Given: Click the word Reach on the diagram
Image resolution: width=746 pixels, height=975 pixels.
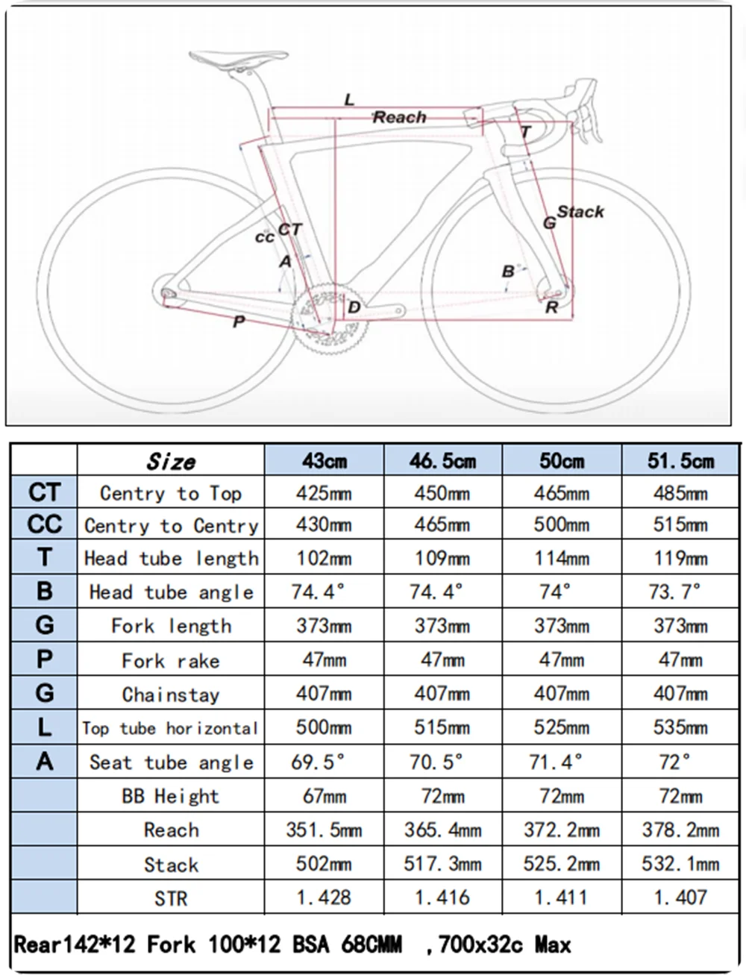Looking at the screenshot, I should coord(400,117).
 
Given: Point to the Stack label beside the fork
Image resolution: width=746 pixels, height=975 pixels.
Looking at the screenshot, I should coord(580,212).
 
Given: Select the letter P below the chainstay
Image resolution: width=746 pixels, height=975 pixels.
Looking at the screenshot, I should coord(239,322).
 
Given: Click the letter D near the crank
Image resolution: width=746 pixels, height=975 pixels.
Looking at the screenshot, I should coord(354,307).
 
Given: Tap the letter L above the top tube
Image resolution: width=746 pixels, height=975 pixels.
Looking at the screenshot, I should coord(350,100).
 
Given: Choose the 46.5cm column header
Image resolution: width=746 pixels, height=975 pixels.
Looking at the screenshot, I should coord(442,460).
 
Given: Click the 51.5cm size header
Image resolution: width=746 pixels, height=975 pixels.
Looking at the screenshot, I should coord(680,460).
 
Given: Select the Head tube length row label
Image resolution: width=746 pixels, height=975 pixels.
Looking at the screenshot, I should coord(171,559).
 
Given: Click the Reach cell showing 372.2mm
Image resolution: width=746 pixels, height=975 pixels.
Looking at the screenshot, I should coord(562,830).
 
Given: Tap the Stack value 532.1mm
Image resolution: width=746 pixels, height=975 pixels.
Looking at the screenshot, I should coord(680,865).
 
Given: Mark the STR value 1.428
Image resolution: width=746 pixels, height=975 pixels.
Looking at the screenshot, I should coord(324,897).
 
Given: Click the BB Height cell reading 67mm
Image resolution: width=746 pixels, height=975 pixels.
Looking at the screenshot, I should coord(324,796).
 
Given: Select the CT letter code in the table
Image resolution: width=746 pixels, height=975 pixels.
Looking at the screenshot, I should coord(44,493).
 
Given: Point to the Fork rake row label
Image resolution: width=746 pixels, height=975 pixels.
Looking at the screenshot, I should coord(171,661).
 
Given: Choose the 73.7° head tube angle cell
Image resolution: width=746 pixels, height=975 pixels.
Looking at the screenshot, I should coord(676,592).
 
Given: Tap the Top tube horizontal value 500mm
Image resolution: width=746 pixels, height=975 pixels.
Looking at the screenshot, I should coord(324,728).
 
